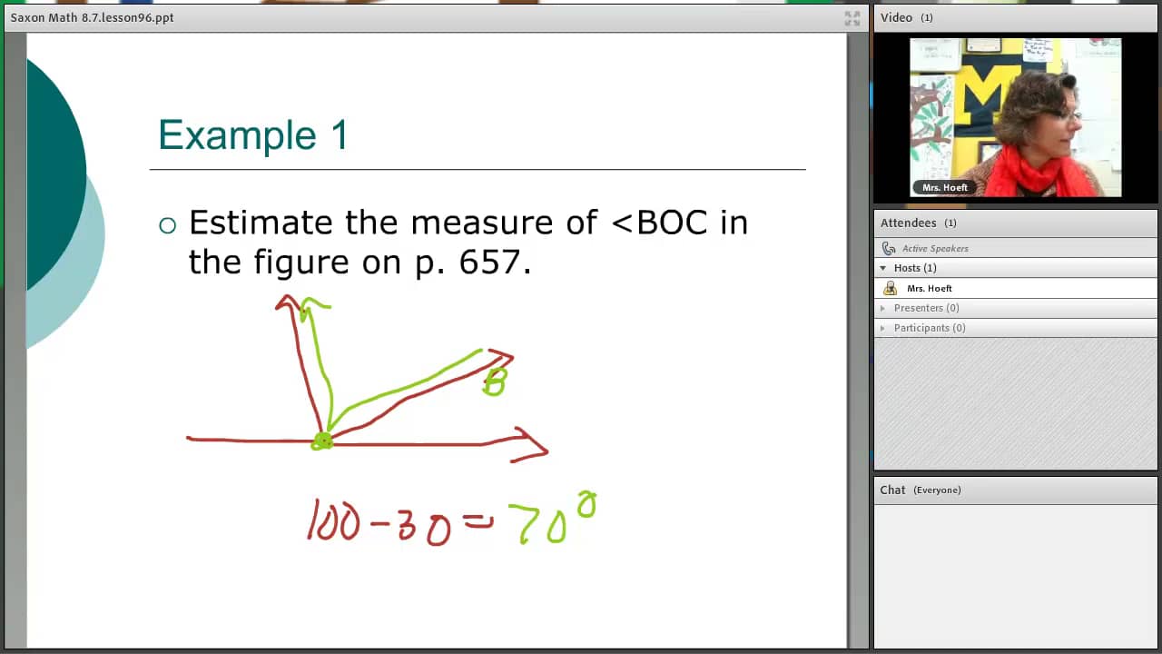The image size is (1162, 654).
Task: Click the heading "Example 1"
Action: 253,135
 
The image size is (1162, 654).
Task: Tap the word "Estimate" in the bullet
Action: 261,223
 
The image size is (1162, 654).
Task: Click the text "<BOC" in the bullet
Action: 660,223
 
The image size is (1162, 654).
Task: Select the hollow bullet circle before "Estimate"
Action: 167,225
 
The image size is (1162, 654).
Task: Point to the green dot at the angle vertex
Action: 322,441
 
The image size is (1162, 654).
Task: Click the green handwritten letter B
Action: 495,381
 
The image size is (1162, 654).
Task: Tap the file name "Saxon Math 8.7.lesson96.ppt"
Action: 92,17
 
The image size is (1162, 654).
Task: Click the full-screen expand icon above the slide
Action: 852,17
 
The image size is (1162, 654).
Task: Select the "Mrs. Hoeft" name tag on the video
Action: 944,188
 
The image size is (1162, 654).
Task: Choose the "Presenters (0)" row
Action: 926,308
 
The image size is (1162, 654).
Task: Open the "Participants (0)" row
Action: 929,328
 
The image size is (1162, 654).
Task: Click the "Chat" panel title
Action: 892,490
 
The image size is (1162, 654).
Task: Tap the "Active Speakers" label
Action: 935,248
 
